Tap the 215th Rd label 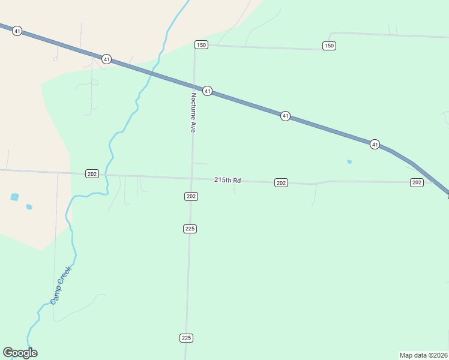(228, 180)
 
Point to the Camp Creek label (61, 285)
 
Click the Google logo (20, 353)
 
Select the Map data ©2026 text (423, 355)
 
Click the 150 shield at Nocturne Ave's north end (201, 45)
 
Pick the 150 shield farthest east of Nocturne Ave (328, 46)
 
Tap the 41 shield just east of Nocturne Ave (207, 91)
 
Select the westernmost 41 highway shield (17, 31)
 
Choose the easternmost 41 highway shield (375, 144)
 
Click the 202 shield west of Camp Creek (92, 173)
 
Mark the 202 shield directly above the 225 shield (191, 196)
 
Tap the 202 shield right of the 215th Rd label (281, 182)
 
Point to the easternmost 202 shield (417, 182)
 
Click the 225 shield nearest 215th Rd (190, 229)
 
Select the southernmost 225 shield (186, 338)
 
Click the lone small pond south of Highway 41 (349, 161)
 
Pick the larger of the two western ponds (15, 197)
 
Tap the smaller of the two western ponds (29, 207)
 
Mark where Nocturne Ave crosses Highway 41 (194, 86)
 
